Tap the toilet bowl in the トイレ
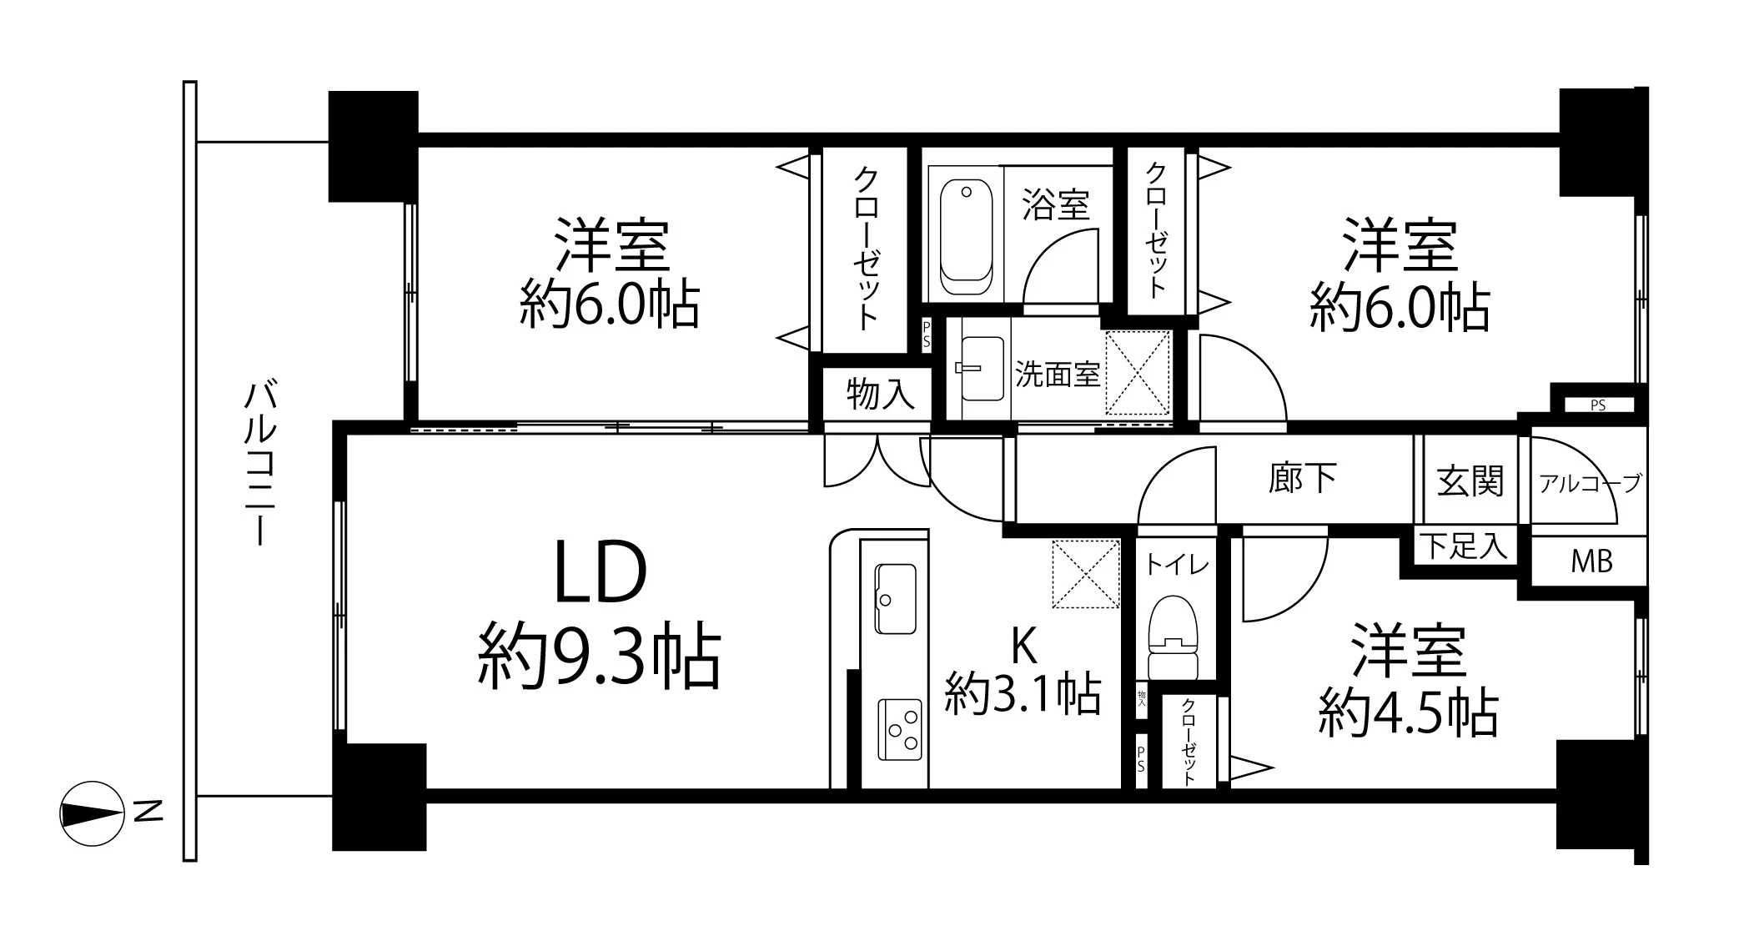coord(1173,634)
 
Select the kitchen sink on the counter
coord(895,598)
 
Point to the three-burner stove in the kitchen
coord(900,729)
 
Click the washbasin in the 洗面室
coord(982,368)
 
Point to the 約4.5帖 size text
coord(1408,713)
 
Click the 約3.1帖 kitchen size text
coord(1023,693)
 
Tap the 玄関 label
coord(1470,481)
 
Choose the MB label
coord(1591,561)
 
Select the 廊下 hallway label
coord(1302,478)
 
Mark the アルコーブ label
coord(1590,482)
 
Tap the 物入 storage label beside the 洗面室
coord(880,394)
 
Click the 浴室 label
coord(1056,205)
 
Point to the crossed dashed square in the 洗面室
coord(1138,372)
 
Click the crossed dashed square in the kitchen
coord(1085,573)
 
